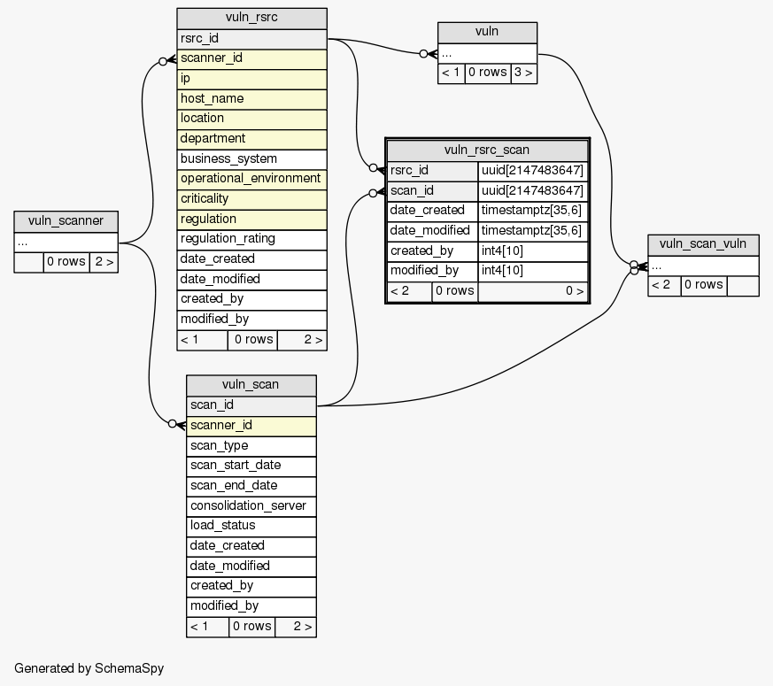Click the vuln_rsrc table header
251,19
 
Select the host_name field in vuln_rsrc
251,98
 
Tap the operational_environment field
251,179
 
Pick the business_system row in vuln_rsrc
251,158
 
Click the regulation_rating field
251,239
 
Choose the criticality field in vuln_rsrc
251,199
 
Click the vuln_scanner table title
66,221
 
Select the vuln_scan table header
251,384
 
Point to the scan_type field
251,445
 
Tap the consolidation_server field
251,505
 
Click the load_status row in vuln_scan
251,525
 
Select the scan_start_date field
251,466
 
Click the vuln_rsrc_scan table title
487,150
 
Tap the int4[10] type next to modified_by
532,271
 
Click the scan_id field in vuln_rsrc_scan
432,190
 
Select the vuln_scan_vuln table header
703,244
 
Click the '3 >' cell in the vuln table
523,73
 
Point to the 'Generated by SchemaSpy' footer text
89,668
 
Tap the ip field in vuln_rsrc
251,78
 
